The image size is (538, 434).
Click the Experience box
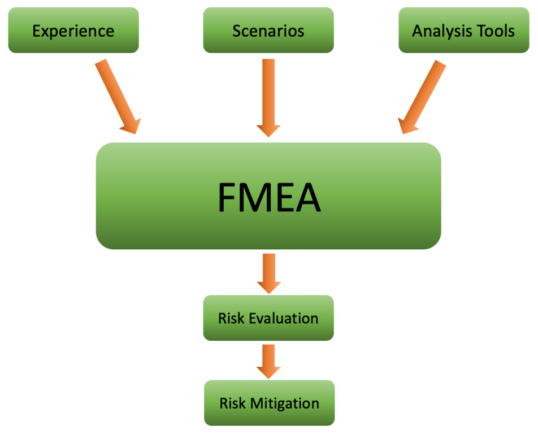(x=73, y=30)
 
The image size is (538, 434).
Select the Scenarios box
(x=268, y=30)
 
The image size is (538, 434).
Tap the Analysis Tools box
(x=463, y=30)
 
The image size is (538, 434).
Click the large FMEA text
(x=269, y=197)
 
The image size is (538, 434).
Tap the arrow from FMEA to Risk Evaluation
(x=268, y=272)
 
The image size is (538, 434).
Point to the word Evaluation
(x=284, y=318)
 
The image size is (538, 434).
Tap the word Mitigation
(x=285, y=403)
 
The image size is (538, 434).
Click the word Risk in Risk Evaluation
(x=231, y=318)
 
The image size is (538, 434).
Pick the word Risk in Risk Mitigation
(x=232, y=403)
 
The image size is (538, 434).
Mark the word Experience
(x=73, y=31)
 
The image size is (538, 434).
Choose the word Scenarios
(x=268, y=31)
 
